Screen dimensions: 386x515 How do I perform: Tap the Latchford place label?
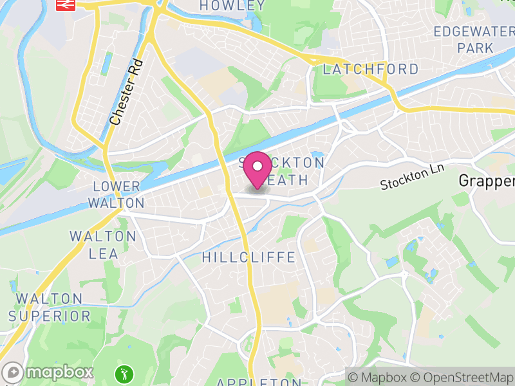point(370,69)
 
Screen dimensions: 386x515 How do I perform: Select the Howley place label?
point(232,6)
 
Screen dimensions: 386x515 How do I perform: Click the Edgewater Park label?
point(475,39)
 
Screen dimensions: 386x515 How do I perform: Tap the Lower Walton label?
point(117,195)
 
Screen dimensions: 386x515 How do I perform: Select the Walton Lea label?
point(103,245)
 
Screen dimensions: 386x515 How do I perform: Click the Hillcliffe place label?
point(248,257)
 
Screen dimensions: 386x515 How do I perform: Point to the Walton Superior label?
point(50,308)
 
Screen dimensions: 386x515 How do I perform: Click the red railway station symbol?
point(64,6)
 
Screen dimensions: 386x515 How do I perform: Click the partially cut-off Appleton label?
point(255,382)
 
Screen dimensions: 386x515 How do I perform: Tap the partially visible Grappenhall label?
point(487,181)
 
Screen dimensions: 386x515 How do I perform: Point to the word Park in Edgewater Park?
point(475,48)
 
